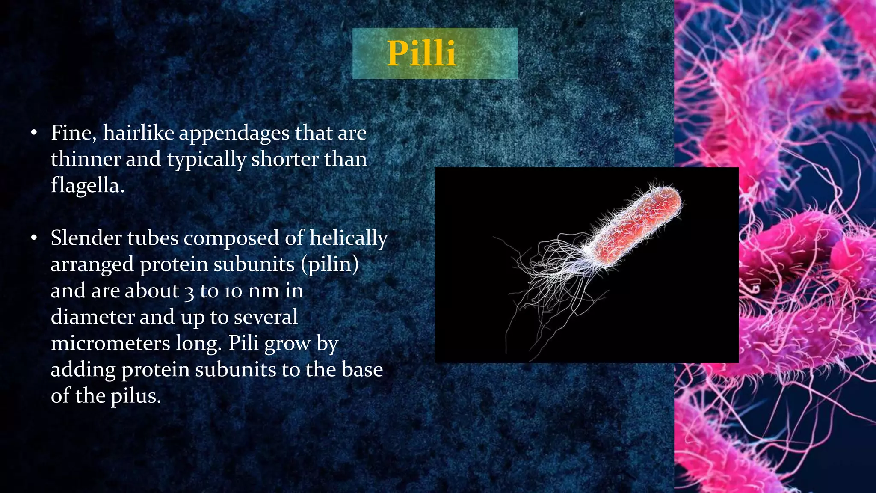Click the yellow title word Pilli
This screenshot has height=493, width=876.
[421, 53]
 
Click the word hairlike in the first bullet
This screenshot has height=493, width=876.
[138, 133]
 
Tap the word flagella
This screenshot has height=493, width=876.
[87, 186]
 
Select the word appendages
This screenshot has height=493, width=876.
[234, 134]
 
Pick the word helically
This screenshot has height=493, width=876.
[349, 239]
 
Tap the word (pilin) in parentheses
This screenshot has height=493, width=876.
[330, 265]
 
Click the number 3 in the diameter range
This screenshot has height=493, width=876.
[189, 292]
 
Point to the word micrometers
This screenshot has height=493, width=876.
[110, 343]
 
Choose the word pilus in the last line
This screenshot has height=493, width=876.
[136, 396]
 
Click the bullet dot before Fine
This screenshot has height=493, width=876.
[34, 133]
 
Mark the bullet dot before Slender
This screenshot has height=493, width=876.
[34, 238]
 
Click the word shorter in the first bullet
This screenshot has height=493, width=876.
[284, 159]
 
